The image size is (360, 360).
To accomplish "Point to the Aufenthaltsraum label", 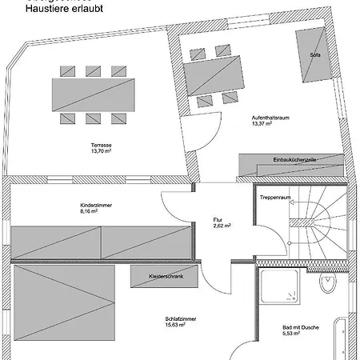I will click(269, 117).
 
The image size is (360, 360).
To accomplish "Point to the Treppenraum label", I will click(274, 197).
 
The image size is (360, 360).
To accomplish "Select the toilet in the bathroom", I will click(327, 285).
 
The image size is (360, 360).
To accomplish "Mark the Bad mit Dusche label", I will click(300, 327).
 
